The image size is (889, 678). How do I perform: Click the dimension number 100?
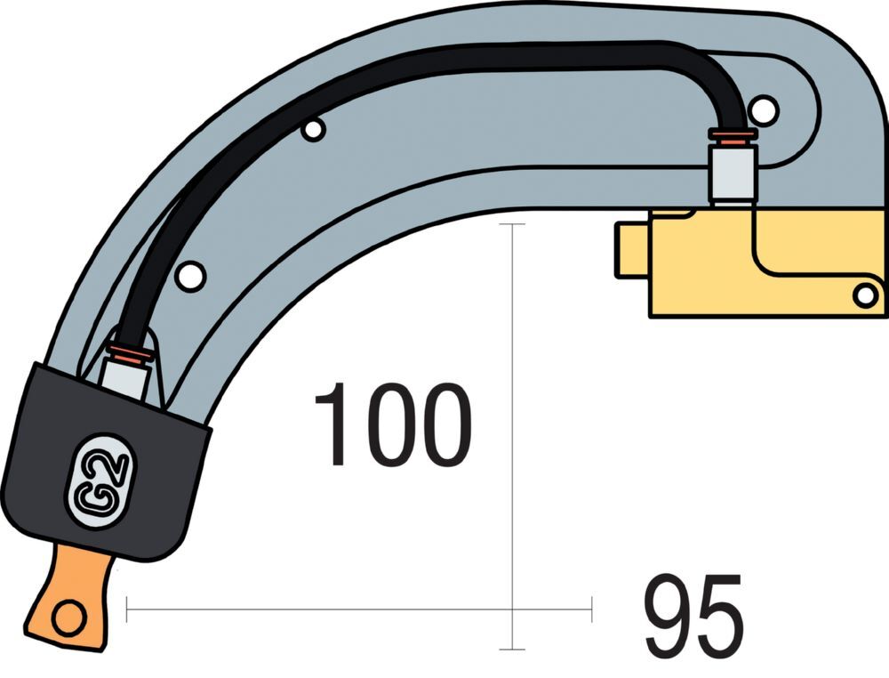click(x=391, y=426)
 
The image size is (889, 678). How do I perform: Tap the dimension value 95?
click(x=693, y=617)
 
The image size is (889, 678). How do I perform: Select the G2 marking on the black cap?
click(x=99, y=480)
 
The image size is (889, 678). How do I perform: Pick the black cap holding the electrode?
click(x=107, y=463)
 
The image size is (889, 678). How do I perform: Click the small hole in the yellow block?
click(x=863, y=295)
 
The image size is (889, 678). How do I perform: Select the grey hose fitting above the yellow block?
click(x=732, y=174)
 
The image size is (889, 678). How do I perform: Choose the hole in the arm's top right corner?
click(x=763, y=109)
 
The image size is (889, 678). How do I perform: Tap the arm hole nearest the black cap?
click(x=190, y=276)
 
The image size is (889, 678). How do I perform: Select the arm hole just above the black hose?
click(x=312, y=130)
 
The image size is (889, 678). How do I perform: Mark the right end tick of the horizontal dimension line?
click(x=592, y=609)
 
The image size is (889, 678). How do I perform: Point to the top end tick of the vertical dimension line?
click(x=512, y=224)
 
